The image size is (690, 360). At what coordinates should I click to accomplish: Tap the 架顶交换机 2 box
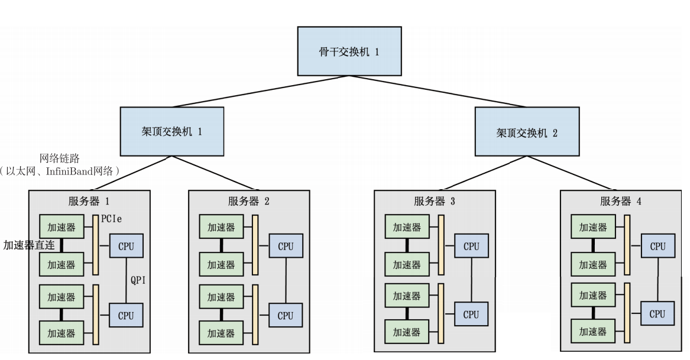pyautogui.click(x=526, y=131)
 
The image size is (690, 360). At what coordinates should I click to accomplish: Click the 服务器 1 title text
pyautogui.click(x=89, y=201)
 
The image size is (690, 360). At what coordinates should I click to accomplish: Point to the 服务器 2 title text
pyautogui.click(x=249, y=201)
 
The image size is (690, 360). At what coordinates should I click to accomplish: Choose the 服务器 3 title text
pyautogui.click(x=435, y=201)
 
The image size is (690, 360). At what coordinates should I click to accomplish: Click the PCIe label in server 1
pyautogui.click(x=112, y=219)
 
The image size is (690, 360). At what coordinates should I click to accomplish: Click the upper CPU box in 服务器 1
pyautogui.click(x=126, y=247)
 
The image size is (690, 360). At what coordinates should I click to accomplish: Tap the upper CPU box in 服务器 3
pyautogui.click(x=471, y=247)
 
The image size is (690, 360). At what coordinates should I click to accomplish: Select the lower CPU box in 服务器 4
pyautogui.click(x=657, y=314)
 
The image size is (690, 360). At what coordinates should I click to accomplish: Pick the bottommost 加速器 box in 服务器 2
pyautogui.click(x=221, y=333)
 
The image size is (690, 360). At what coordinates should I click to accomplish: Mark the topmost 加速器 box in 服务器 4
pyautogui.click(x=592, y=228)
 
